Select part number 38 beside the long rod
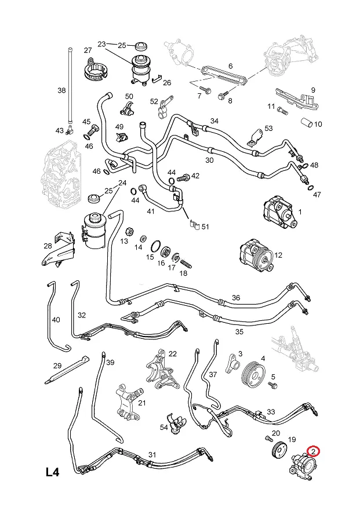tap(62, 90)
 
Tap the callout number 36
tap(236, 298)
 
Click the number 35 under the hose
tap(239, 332)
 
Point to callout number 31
tap(152, 455)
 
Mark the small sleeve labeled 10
tap(307, 123)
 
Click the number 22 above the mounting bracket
tap(173, 354)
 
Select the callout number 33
tap(271, 412)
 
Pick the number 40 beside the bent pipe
tap(56, 319)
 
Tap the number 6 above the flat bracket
tap(230, 66)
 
